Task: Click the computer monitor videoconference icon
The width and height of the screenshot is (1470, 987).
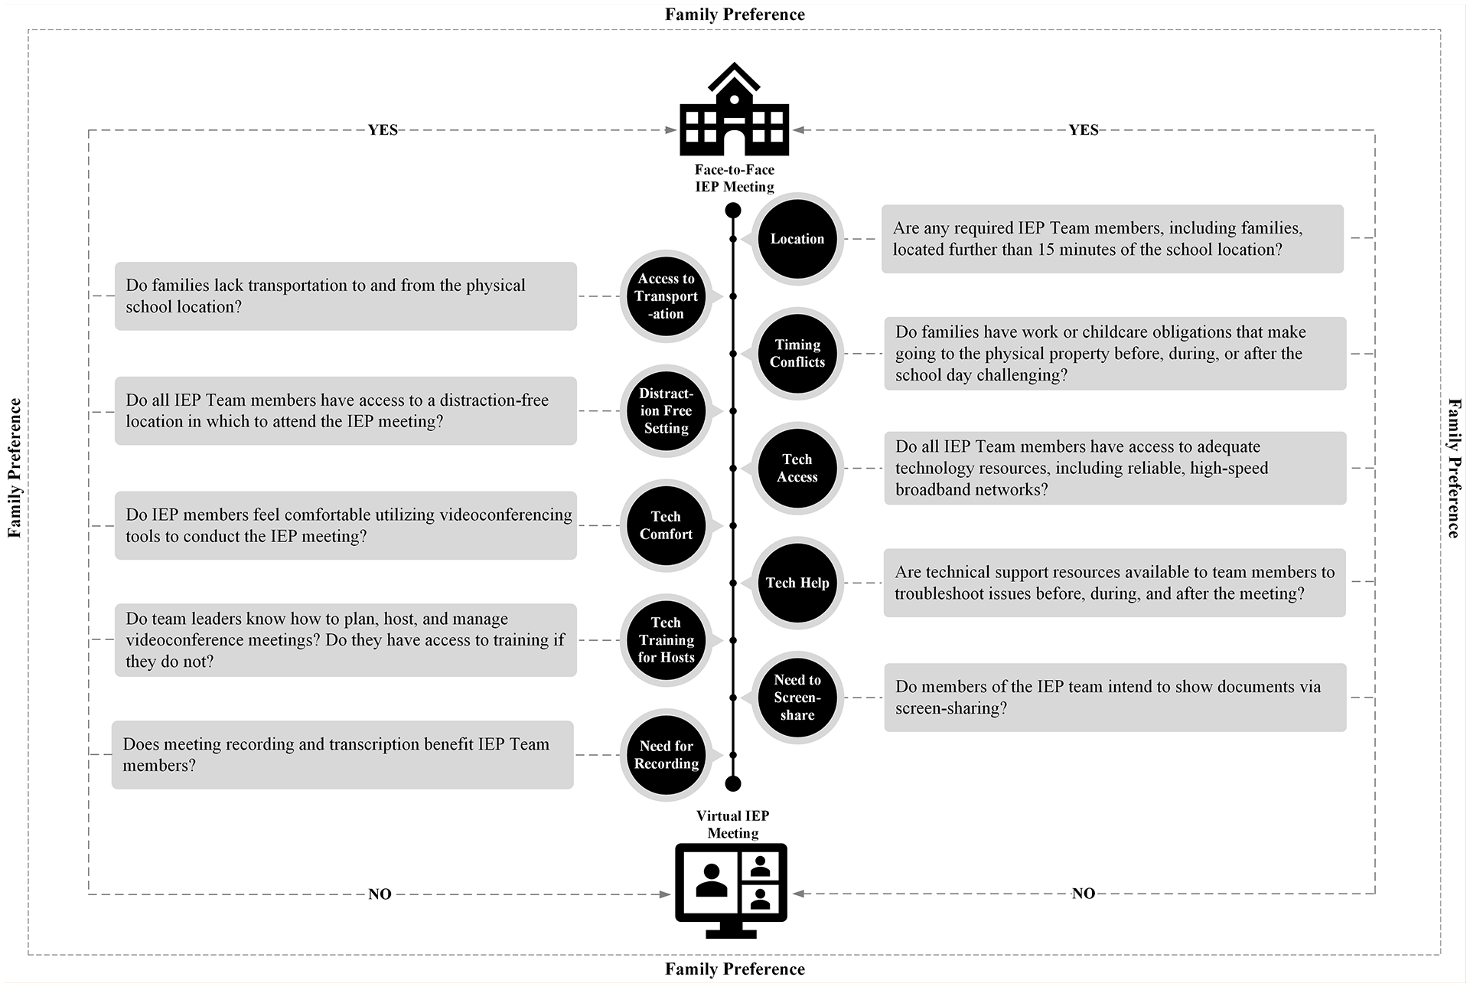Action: tap(731, 891)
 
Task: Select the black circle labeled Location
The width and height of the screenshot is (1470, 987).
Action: tap(797, 239)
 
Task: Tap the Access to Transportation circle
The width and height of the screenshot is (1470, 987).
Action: tap(666, 296)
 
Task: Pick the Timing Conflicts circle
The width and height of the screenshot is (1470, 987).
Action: tap(797, 354)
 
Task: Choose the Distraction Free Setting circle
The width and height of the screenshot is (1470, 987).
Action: tap(666, 411)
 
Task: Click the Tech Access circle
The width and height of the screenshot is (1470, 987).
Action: tap(797, 468)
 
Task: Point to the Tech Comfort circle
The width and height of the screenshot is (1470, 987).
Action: tap(666, 525)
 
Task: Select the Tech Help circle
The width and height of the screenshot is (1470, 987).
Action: tap(797, 583)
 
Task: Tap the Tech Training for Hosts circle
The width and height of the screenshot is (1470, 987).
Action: tap(666, 640)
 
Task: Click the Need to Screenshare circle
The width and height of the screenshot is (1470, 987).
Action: tap(797, 698)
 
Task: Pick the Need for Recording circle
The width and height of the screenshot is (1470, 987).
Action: tap(666, 755)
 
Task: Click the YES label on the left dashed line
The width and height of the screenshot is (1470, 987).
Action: tap(383, 130)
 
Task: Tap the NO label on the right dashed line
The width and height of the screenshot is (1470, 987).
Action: tap(1084, 894)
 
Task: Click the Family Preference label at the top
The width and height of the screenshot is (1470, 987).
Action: tap(735, 15)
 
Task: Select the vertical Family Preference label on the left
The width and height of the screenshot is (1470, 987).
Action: tap(15, 468)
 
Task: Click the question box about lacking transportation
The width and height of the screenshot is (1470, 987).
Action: tap(346, 296)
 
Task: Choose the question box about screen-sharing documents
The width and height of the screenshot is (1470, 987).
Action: tap(1115, 698)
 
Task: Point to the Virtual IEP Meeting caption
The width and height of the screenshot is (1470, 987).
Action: tap(732, 825)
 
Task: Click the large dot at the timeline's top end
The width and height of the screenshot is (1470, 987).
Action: tap(733, 211)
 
